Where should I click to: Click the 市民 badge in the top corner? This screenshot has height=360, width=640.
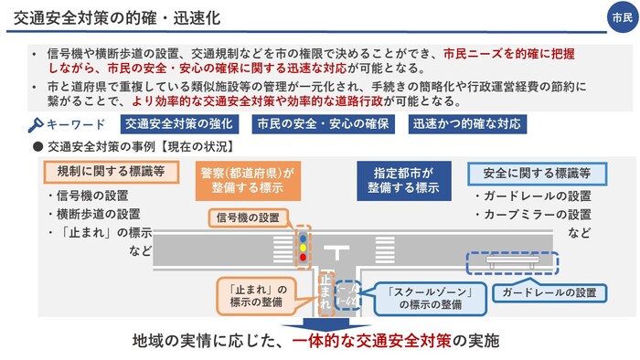[622, 17]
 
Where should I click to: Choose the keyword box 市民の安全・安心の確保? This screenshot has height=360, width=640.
[322, 123]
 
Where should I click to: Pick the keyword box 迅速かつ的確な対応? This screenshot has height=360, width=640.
[468, 123]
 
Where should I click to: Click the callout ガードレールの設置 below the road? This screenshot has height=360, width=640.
[549, 293]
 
